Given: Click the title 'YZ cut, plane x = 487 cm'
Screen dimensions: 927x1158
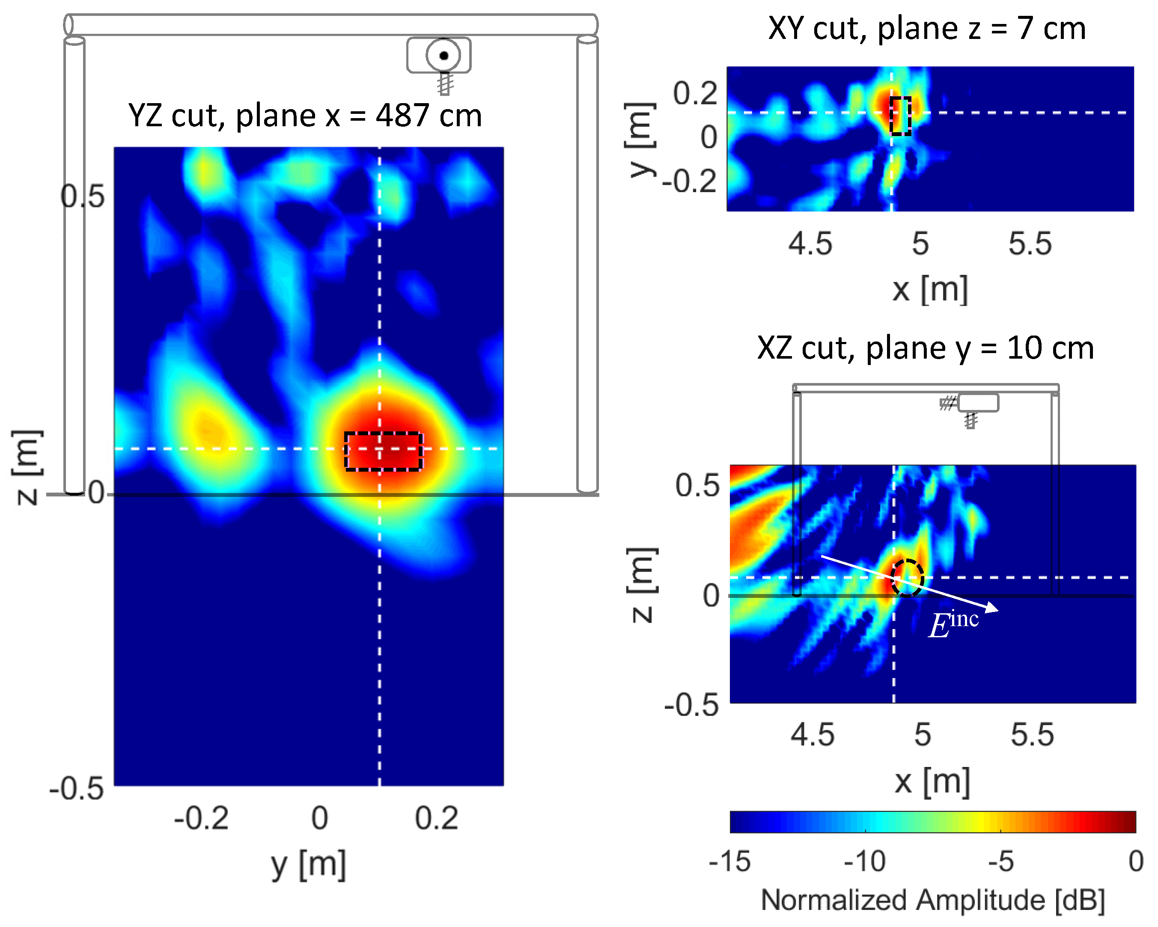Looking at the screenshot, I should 305,116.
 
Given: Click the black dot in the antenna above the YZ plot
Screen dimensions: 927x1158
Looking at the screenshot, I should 444,55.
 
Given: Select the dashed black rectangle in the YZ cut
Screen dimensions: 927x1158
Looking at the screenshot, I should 384,451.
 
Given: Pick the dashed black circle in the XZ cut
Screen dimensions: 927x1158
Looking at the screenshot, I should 907,578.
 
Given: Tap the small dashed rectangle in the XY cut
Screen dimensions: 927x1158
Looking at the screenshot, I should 900,116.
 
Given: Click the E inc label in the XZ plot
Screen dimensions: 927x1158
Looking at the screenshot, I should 953,624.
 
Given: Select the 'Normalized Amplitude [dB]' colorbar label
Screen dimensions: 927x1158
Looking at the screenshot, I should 933,900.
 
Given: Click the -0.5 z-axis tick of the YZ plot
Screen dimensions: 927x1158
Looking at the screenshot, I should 76,788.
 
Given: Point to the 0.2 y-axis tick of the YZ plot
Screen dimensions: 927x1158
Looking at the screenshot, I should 436,818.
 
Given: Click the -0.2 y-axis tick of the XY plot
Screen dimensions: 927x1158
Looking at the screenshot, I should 689,181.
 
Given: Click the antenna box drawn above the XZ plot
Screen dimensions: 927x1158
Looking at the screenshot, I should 978,402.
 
